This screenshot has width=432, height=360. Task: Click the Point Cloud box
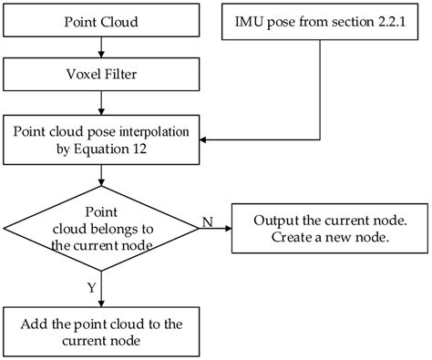[102, 20]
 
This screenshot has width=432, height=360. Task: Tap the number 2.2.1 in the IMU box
[391, 20]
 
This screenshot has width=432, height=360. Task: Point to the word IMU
[248, 20]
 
